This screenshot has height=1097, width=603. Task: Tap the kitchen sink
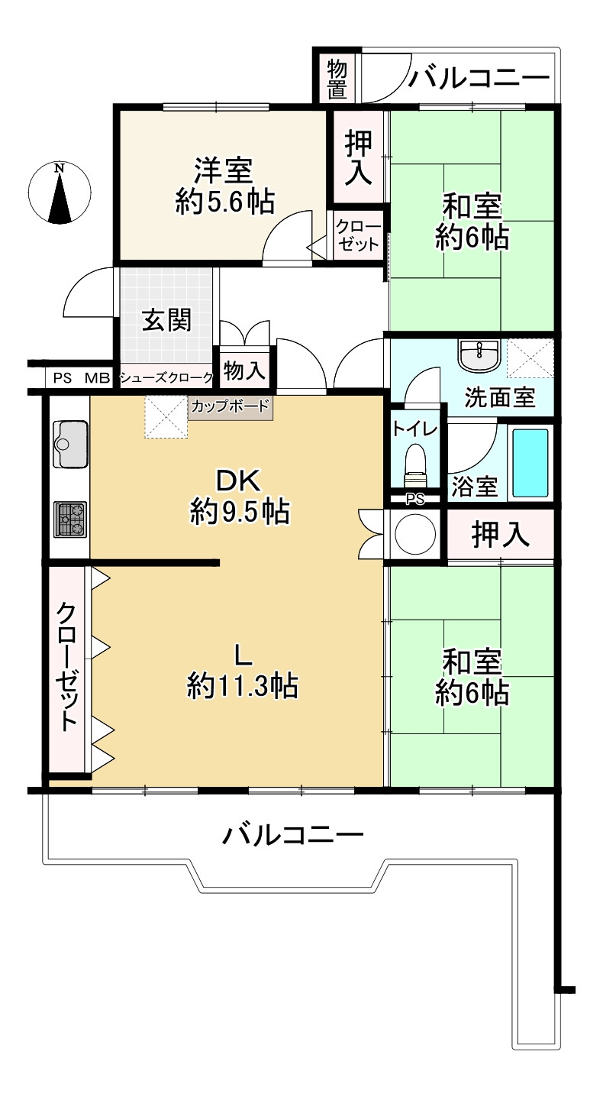(x=70, y=444)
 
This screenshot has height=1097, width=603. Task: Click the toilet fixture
(x=415, y=464)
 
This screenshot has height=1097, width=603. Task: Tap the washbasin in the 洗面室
(x=479, y=354)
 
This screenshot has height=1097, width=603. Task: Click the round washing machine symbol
(x=415, y=533)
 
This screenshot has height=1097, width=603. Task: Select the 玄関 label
(x=167, y=321)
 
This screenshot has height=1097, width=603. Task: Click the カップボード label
(x=230, y=406)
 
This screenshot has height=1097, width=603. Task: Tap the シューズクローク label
(x=167, y=377)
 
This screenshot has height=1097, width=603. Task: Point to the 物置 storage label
(x=337, y=78)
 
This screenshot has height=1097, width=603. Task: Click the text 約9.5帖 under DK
(x=240, y=511)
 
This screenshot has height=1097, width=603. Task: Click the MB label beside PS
(x=98, y=378)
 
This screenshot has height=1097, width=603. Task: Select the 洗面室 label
(x=500, y=397)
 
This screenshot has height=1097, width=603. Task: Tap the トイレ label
(x=415, y=429)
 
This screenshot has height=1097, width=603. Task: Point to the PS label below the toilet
(x=415, y=500)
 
